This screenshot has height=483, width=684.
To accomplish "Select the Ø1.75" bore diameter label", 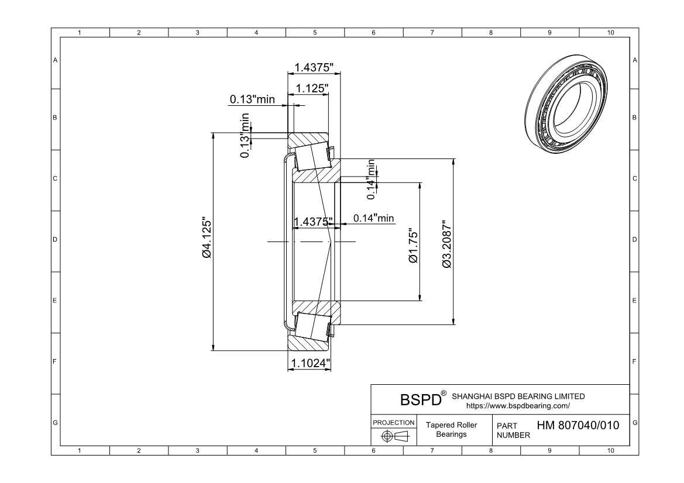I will pyautogui.click(x=414, y=246).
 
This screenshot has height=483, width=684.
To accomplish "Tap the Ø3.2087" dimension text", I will pyautogui.click(x=447, y=244).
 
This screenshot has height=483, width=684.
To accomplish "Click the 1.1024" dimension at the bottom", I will pyautogui.click(x=310, y=363).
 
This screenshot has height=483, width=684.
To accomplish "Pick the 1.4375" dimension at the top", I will pyautogui.click(x=314, y=67).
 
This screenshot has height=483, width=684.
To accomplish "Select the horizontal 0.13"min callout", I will pyautogui.click(x=252, y=99).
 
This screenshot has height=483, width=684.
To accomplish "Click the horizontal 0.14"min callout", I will pyautogui.click(x=373, y=218).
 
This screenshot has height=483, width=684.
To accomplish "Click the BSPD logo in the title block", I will pyautogui.click(x=420, y=400).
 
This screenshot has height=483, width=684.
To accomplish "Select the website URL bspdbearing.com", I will pyautogui.click(x=518, y=405).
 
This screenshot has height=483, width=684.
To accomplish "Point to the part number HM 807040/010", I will pyautogui.click(x=578, y=425).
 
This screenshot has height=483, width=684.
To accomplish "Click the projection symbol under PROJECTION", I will pyautogui.click(x=394, y=436).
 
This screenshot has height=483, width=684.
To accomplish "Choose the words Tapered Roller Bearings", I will pyautogui.click(x=451, y=430).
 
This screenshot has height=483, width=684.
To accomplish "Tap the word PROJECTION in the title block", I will pyautogui.click(x=394, y=422).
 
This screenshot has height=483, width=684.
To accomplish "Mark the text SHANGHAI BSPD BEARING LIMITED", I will pyautogui.click(x=518, y=396).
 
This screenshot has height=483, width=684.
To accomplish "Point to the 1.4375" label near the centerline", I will pyautogui.click(x=314, y=221).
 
